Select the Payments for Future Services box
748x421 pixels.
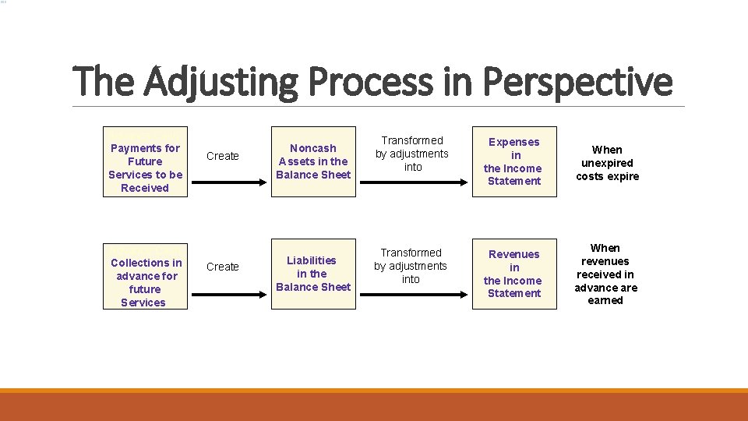[x=146, y=162]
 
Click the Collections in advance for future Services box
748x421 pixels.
[x=146, y=277]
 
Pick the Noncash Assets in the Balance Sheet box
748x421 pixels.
[x=313, y=161]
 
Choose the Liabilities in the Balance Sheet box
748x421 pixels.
[x=313, y=274]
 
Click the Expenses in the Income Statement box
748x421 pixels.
[x=514, y=161]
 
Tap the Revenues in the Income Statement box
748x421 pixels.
[x=514, y=274]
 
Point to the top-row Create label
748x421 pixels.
[x=223, y=156]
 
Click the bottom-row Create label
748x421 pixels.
[x=223, y=267]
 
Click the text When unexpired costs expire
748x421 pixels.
[x=607, y=163]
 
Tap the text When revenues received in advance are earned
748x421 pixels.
[x=605, y=274]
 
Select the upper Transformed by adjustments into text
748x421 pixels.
[x=412, y=154]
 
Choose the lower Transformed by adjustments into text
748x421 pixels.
[x=411, y=266]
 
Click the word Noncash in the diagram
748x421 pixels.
[x=313, y=148]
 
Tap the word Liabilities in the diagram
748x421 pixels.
[x=312, y=260]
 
